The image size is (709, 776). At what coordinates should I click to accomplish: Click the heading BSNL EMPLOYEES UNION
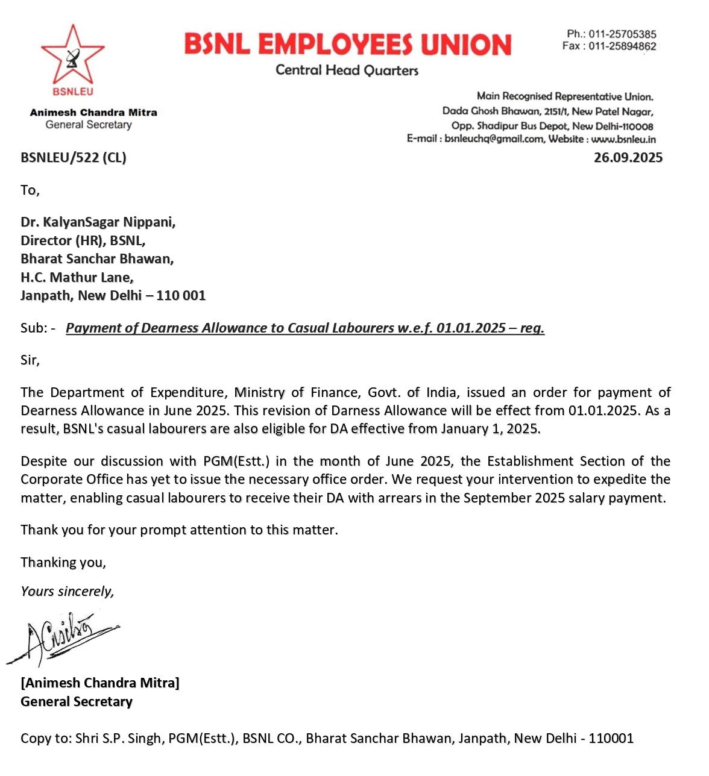(x=347, y=45)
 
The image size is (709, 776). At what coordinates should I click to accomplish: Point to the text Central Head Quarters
(x=347, y=70)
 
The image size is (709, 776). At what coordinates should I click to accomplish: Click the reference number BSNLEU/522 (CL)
(x=74, y=158)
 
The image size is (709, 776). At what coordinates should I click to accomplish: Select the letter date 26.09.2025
(x=628, y=158)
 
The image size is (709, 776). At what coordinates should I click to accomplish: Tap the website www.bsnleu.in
(x=623, y=139)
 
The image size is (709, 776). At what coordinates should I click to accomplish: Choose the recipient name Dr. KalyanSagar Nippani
(x=98, y=222)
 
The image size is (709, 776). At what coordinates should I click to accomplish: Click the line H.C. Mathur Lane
(x=77, y=277)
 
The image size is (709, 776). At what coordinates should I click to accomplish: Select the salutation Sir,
(x=30, y=360)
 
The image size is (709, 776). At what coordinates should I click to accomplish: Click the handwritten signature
(x=60, y=637)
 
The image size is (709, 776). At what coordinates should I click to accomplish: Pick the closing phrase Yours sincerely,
(x=67, y=592)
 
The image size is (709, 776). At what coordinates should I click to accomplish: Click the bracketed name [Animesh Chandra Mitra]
(x=100, y=683)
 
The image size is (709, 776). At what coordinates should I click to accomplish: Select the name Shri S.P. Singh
(x=118, y=739)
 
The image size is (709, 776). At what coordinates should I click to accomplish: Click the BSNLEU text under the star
(x=73, y=92)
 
